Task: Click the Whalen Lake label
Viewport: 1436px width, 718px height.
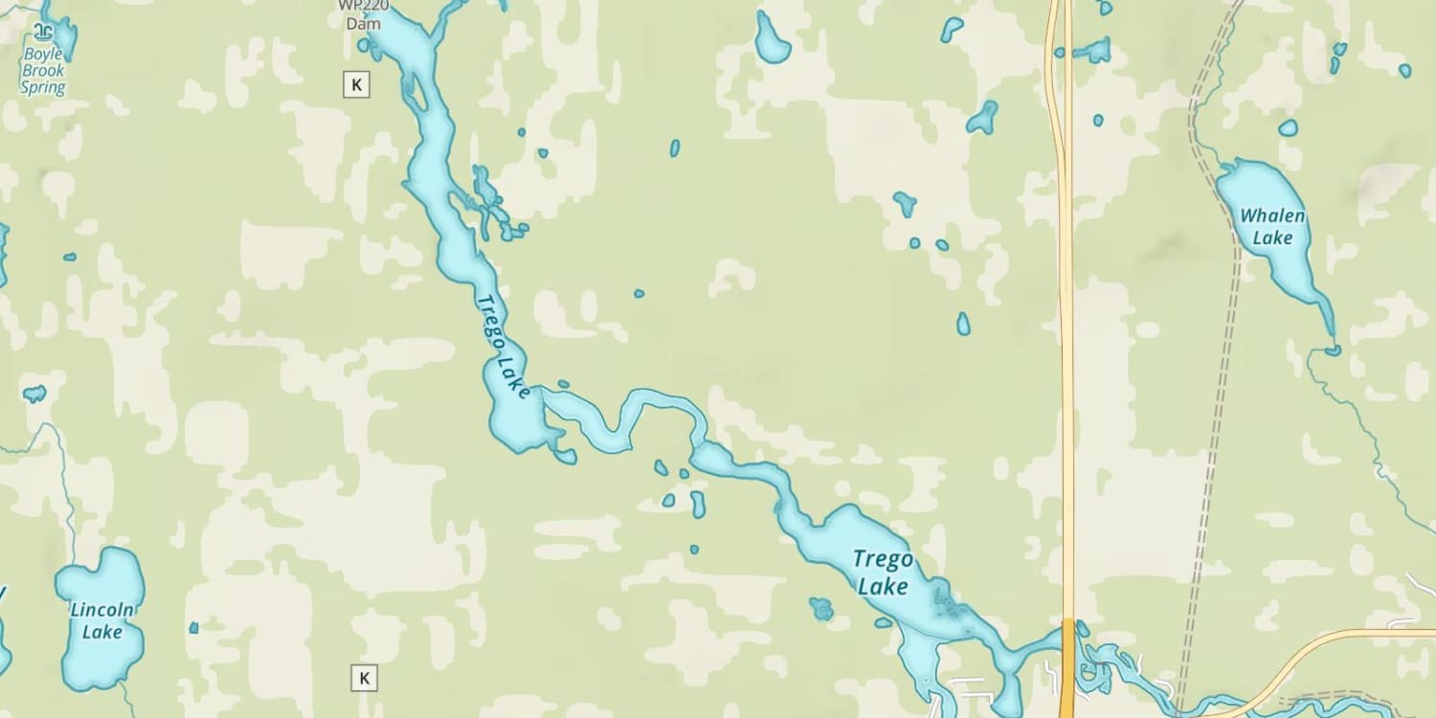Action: coord(1272,227)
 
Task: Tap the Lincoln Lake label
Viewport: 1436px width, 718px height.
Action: coord(101,620)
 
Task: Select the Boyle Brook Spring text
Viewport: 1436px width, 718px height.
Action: coord(43,71)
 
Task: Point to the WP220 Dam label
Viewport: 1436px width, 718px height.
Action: coord(363,13)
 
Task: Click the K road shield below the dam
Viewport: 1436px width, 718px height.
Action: coord(356,84)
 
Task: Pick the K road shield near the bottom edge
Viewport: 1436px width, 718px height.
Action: coord(363,678)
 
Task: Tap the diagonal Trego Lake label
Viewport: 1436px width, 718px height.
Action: coord(504,346)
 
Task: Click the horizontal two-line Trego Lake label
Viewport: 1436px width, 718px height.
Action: coord(882,572)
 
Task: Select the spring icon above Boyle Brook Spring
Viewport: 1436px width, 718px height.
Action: coord(43,30)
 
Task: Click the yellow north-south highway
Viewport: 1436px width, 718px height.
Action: coord(1066,383)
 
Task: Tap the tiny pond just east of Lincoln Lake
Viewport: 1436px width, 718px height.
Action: coord(193,628)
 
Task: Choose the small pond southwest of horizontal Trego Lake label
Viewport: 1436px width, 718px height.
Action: coord(820,609)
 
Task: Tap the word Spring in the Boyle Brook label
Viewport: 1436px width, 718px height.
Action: coord(43,88)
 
